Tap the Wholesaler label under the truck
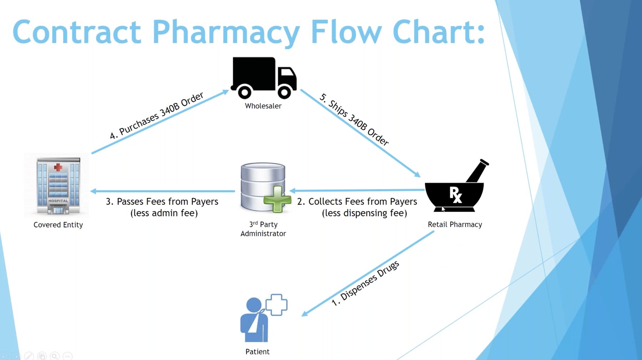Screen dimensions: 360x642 pos(263,106)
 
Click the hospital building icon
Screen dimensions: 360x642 pos(58,186)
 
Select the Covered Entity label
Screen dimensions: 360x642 pos(58,225)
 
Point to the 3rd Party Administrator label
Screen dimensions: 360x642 pos(263,229)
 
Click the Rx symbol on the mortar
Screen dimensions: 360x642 pos(455,195)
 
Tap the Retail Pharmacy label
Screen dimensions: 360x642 pos(455,224)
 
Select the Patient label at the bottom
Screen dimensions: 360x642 pos(257,352)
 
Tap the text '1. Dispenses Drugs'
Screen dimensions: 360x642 pos(365,283)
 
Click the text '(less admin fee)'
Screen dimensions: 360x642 pos(164,213)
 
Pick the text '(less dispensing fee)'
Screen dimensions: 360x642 pos(364,213)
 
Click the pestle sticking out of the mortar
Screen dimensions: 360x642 pos(478,171)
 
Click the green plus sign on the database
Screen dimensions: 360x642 pos(277,199)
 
